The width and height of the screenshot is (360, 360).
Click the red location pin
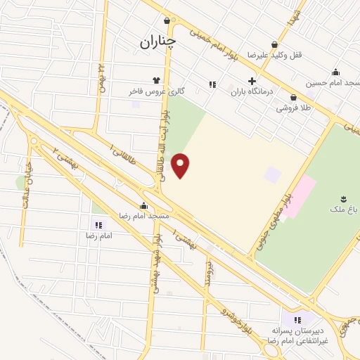click(x=181, y=165)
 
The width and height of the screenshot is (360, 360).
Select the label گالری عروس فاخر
click(x=151, y=92)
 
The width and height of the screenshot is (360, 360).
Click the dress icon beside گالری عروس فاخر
click(x=156, y=80)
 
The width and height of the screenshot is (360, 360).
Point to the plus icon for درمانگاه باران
click(x=252, y=81)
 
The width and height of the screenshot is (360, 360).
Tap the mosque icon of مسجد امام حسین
click(x=335, y=71)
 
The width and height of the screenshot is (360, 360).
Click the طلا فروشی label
click(x=293, y=108)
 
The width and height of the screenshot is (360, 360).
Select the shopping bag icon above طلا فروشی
click(x=293, y=97)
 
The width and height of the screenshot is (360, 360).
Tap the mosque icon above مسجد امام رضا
click(x=143, y=206)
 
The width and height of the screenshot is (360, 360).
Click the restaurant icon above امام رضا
click(x=98, y=225)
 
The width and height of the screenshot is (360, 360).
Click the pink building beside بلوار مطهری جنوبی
click(x=298, y=196)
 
